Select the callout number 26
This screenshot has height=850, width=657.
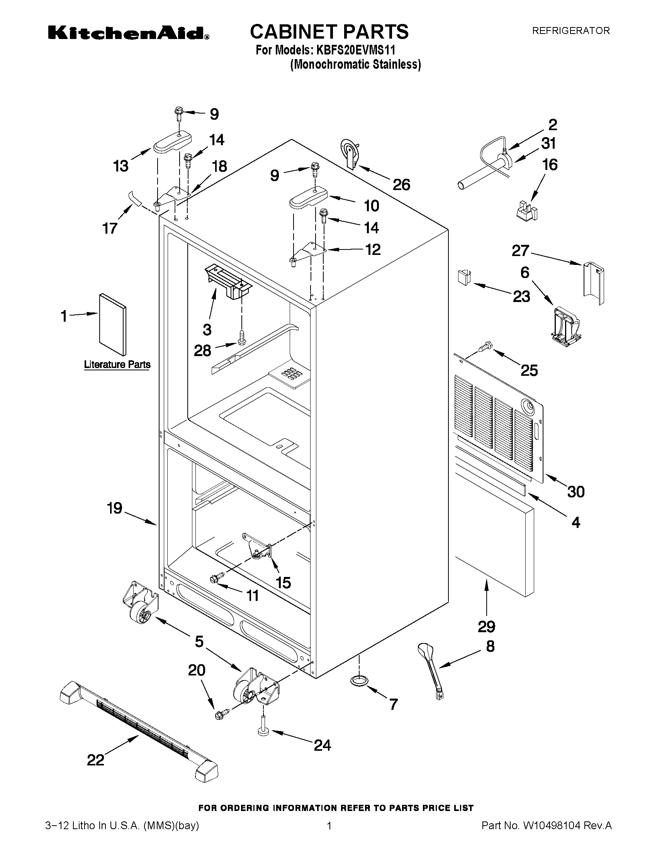coord(401,185)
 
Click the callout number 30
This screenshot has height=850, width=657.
coord(576,492)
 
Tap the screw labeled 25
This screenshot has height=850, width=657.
coord(486,346)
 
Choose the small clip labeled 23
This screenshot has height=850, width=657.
coord(463,277)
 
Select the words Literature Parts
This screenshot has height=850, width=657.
coord(117,365)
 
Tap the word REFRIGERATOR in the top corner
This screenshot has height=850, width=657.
coord(570,31)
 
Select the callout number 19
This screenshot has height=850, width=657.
coord(114,508)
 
